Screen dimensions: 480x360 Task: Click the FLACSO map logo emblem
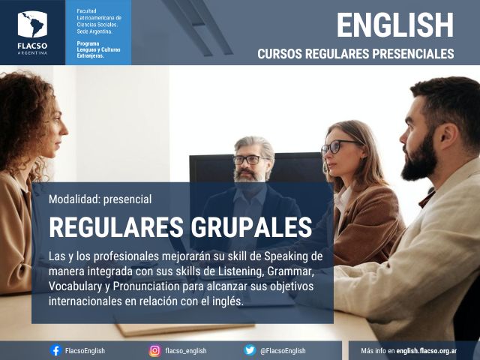[x=32, y=24]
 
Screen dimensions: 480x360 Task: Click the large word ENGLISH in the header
[x=395, y=25]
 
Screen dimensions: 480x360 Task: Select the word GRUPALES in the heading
[x=251, y=227]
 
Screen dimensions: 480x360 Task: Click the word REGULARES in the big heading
[x=117, y=227]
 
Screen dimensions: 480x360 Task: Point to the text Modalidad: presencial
[x=100, y=199]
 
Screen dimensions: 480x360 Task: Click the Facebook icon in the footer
[x=55, y=350]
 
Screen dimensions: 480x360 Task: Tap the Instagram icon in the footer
[x=155, y=350]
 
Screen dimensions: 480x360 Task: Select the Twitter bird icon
[x=250, y=350]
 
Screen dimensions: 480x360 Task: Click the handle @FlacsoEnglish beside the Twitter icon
[x=283, y=351]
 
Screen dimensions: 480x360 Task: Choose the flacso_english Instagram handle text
[x=186, y=351]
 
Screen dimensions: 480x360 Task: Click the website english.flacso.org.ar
[x=427, y=351]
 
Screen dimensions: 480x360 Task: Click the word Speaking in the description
[x=286, y=256]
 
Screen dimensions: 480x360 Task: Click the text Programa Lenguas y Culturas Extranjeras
[x=98, y=49]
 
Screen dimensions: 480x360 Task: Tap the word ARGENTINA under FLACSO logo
[x=32, y=52]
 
